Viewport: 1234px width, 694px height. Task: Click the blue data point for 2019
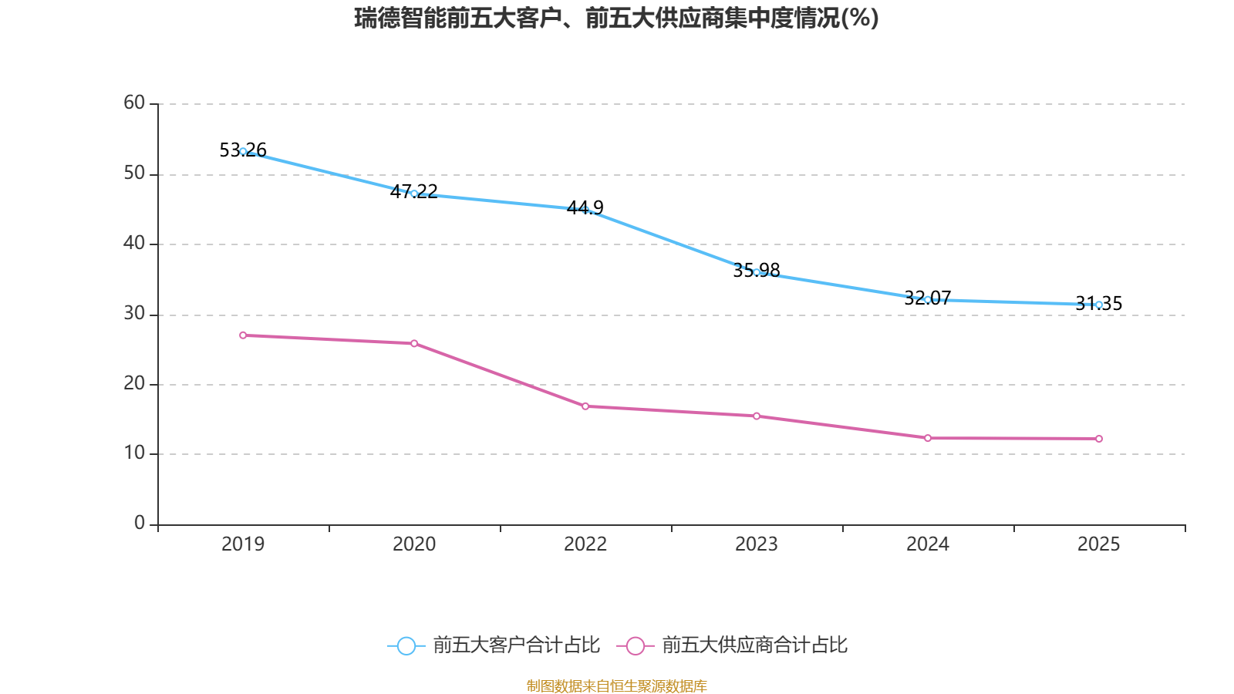243,151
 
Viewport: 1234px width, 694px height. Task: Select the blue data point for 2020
414,194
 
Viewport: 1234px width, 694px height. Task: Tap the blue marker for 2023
757,272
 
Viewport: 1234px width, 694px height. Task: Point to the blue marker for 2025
1099,305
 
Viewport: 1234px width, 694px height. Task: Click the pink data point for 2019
243,335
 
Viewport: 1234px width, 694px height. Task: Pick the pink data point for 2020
414,343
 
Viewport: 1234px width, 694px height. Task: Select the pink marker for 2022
585,406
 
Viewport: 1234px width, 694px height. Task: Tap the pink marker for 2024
928,438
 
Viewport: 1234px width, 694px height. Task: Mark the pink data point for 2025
1099,439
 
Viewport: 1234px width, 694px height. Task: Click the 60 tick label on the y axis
134,103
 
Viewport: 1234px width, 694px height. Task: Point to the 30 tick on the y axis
134,313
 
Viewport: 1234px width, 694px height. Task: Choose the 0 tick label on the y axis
140,523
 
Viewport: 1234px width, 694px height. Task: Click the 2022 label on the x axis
585,544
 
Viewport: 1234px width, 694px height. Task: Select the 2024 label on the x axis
928,544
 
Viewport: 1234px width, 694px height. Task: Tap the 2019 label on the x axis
243,544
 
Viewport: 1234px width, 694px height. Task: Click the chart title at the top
616,18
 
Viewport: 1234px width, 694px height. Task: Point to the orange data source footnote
616,686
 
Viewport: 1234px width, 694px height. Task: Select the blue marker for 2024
928,299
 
